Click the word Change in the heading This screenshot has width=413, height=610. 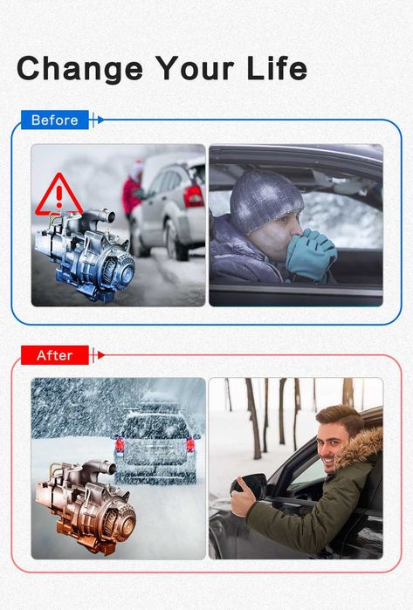(x=79, y=69)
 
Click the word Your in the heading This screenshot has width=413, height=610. (x=195, y=68)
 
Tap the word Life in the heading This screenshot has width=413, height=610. (x=277, y=68)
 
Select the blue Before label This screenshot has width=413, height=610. (x=54, y=120)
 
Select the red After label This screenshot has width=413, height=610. (x=54, y=355)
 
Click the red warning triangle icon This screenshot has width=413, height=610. (x=59, y=195)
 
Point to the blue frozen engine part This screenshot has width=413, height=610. (x=84, y=255)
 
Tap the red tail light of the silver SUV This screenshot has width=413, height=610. (x=194, y=196)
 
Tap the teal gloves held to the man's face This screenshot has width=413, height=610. (x=311, y=255)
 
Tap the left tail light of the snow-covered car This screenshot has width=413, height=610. (x=120, y=445)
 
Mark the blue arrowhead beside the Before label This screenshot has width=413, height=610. (x=100, y=120)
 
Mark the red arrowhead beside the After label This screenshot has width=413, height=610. (x=100, y=355)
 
